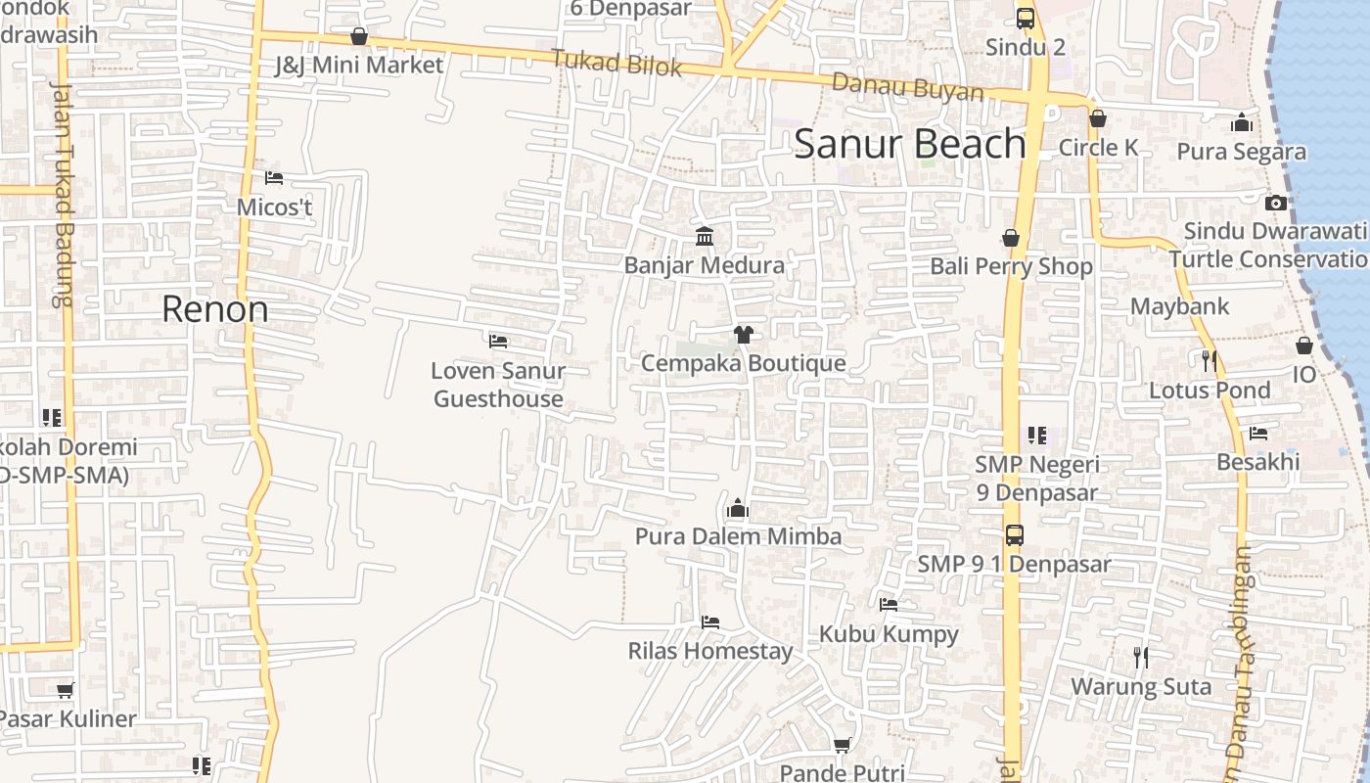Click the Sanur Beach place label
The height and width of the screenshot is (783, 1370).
click(910, 144)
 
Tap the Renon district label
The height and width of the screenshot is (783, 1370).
click(214, 309)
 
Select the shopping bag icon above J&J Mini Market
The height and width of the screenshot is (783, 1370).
click(359, 36)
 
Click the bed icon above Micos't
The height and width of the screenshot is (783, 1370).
click(274, 178)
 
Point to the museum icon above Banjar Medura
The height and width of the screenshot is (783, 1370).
click(704, 236)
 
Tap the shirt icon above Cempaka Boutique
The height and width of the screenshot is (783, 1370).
click(743, 335)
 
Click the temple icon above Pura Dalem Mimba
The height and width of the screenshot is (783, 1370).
click(738, 508)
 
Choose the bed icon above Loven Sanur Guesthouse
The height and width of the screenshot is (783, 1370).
click(498, 342)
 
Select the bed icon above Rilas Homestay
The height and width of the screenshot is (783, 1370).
click(710, 622)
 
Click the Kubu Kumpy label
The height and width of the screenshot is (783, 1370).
click(889, 634)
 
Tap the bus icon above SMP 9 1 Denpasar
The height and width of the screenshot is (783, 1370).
click(1015, 535)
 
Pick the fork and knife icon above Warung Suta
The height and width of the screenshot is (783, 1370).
click(1141, 658)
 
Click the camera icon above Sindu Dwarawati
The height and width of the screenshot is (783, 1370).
click(1275, 203)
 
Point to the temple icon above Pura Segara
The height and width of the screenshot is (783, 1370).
click(1242, 122)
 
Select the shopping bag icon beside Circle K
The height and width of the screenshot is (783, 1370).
click(1098, 118)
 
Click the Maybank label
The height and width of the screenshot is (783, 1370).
click(1179, 306)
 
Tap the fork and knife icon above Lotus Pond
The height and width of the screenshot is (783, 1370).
click(1210, 361)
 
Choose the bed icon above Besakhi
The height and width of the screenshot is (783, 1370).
click(1258, 433)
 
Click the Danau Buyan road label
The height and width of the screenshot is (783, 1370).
click(907, 88)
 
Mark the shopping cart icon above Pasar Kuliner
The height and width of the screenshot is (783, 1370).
click(65, 690)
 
